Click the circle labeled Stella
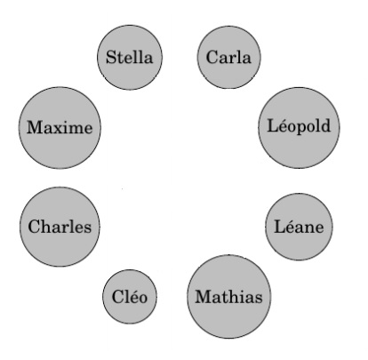pyautogui.click(x=130, y=57)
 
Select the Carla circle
pyautogui.click(x=229, y=57)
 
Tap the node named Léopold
pyautogui.click(x=299, y=128)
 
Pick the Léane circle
pyautogui.click(x=299, y=227)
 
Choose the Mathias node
pyautogui.click(x=229, y=296)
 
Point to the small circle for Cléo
pyautogui.click(x=130, y=296)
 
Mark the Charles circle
pyautogui.click(x=60, y=227)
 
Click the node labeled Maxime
pyautogui.click(x=60, y=128)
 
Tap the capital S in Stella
pyautogui.click(x=111, y=57)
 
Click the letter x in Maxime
pyautogui.click(x=55, y=129)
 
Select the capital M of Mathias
pyautogui.click(x=204, y=296)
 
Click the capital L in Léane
pyautogui.click(x=280, y=227)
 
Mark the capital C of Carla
pyautogui.click(x=212, y=57)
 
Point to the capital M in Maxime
pyautogui.click(x=36, y=127)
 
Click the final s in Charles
pyautogui.click(x=87, y=228)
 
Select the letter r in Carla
pyautogui.click(x=232, y=59)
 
